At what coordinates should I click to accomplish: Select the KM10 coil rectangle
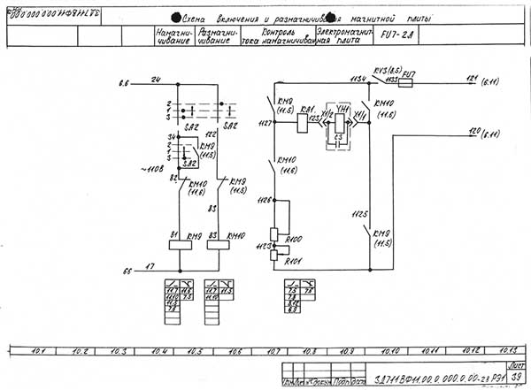tap(219, 243)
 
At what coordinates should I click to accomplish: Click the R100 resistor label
tap(295, 240)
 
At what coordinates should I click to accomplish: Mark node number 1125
tap(359, 214)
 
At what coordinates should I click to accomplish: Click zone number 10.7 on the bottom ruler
tap(273, 351)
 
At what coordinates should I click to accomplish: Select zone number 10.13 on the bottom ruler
tap(505, 351)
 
